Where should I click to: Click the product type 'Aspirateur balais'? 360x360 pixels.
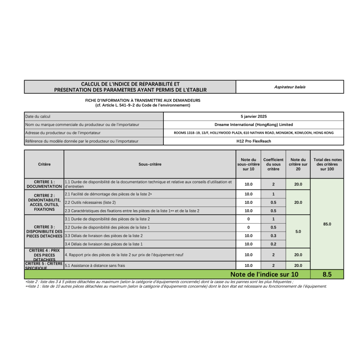(290, 87)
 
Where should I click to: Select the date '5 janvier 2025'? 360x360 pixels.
(253, 116)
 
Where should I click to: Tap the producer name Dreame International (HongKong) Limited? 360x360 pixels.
(253, 124)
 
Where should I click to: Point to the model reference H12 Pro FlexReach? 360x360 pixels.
(253, 141)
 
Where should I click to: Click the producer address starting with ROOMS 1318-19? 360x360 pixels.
(253, 133)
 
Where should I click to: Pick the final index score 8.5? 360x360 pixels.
(327, 274)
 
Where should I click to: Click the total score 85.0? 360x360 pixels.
(327, 224)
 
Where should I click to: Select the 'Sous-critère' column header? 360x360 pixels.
(150, 164)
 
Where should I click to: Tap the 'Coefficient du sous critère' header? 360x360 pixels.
(273, 164)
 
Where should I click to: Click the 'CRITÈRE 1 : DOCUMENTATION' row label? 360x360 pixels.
(44, 184)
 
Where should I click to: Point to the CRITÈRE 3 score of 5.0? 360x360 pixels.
(298, 231)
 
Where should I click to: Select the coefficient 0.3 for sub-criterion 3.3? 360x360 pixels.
(273, 235)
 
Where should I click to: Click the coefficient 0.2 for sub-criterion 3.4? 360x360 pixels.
(273, 244)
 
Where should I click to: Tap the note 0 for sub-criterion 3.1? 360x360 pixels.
(248, 219)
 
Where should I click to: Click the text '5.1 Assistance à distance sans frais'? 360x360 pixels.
(95, 265)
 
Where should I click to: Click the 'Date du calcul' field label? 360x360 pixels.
(37, 116)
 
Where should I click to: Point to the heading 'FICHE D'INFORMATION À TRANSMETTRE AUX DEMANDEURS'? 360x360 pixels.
(143, 100)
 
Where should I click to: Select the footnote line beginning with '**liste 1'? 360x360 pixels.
(176, 286)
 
